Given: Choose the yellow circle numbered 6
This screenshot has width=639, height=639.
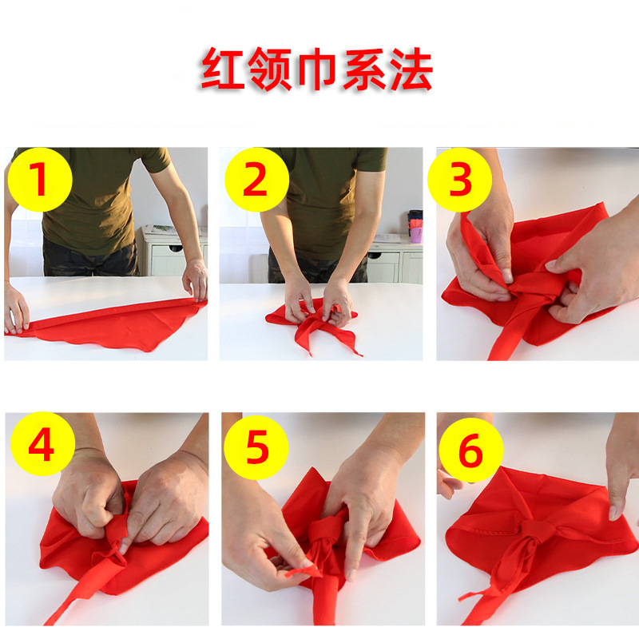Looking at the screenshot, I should (x=470, y=452).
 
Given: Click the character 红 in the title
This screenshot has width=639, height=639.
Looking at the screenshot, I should (x=222, y=71).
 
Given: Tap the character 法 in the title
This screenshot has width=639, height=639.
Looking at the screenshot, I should (x=410, y=71).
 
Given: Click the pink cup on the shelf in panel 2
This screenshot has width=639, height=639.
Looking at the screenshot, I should (x=415, y=234).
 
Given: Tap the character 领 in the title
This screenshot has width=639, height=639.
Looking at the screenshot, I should (x=269, y=71).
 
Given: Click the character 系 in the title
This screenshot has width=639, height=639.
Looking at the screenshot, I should (x=363, y=71).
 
